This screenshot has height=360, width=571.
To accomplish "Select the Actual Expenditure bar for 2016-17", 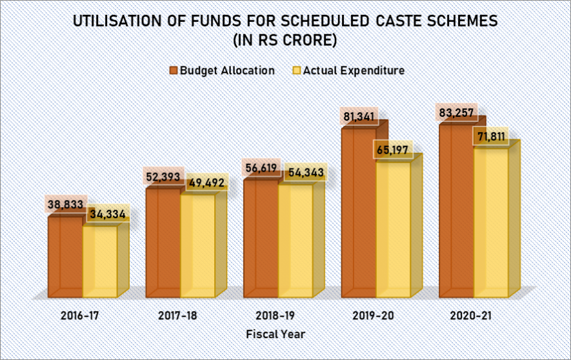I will [x=100, y=261].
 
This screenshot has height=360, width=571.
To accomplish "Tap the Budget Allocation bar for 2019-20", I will [x=359, y=213].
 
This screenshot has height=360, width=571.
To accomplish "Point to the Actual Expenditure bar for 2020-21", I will [x=491, y=223].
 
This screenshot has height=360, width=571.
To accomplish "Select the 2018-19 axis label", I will [x=275, y=315].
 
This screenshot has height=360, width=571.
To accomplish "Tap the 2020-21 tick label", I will [x=470, y=315].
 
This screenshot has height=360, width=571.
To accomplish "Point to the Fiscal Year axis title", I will [x=275, y=334].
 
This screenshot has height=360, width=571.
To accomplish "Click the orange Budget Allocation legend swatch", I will [x=173, y=70].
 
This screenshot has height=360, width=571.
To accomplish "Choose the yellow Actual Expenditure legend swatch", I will [x=297, y=70].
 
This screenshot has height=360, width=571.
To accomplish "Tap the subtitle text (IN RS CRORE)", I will [x=285, y=39].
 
